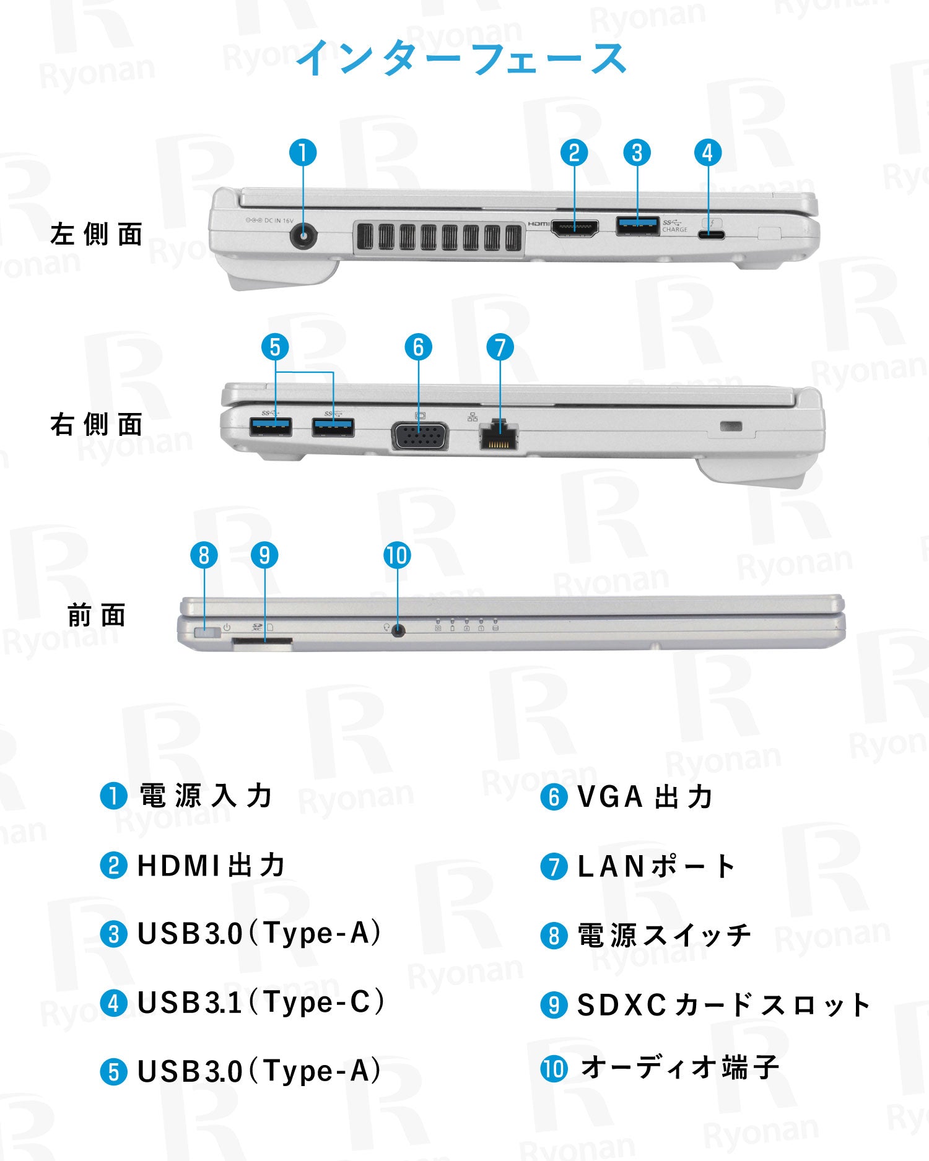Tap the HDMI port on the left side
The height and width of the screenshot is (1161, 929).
(575, 229)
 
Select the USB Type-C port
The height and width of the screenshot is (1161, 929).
(711, 235)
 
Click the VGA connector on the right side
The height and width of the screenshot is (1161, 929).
(419, 436)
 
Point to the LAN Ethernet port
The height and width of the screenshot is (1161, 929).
(499, 435)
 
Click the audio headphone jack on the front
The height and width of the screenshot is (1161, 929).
(398, 630)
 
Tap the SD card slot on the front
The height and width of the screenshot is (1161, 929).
(263, 645)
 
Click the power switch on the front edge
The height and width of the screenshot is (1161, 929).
(206, 633)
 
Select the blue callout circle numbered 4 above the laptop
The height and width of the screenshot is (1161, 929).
(707, 153)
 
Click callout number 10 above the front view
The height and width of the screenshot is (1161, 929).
(397, 555)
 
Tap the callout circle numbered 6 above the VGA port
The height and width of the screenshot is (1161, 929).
(418, 347)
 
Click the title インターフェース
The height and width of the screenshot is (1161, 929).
(461, 58)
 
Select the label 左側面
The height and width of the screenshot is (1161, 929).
(97, 235)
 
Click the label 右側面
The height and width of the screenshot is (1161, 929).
(97, 425)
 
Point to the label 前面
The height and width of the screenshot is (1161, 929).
(97, 615)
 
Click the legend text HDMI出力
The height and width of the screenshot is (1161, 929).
(211, 865)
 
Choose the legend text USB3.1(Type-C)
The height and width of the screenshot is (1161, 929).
(260, 1002)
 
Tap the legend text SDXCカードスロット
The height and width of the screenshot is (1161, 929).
(723, 1004)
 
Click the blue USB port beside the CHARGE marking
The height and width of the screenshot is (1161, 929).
(637, 226)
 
